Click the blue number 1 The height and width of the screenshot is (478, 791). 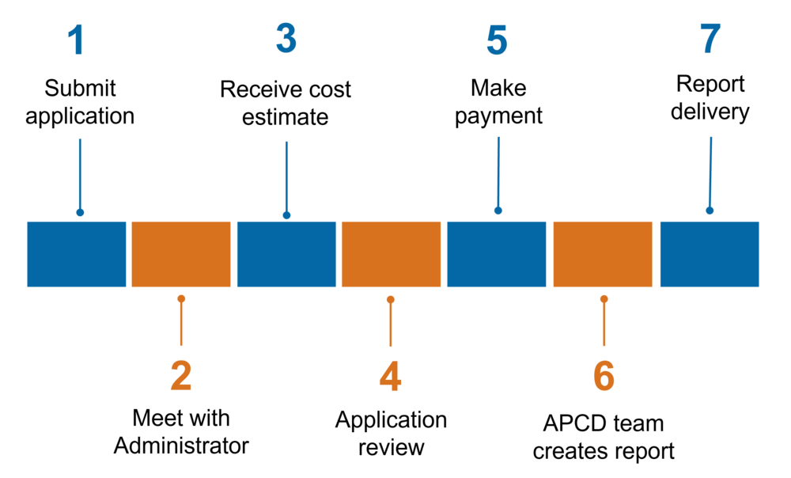click(x=76, y=40)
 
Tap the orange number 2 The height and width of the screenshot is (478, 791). click(x=181, y=377)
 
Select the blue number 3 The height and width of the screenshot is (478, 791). click(x=286, y=39)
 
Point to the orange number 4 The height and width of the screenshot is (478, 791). click(x=390, y=377)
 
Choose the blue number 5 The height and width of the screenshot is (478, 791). click(x=497, y=41)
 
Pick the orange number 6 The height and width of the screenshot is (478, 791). click(x=604, y=377)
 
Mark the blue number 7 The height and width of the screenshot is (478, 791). click(x=710, y=39)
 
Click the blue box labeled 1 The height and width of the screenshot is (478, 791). click(x=77, y=254)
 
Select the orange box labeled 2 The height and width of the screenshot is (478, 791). click(x=181, y=254)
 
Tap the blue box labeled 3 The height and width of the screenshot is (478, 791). click(x=286, y=254)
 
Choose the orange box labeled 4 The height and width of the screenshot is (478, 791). click(x=392, y=254)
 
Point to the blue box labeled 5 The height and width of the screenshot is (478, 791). click(x=497, y=254)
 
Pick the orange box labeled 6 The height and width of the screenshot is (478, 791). click(x=603, y=254)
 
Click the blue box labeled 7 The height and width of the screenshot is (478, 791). click(x=710, y=254)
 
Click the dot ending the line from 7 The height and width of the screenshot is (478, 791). click(x=710, y=211)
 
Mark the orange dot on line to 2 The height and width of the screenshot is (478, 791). click(x=181, y=299)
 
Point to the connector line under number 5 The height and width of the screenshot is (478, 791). click(x=498, y=170)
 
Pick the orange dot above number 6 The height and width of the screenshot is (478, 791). click(x=604, y=299)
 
